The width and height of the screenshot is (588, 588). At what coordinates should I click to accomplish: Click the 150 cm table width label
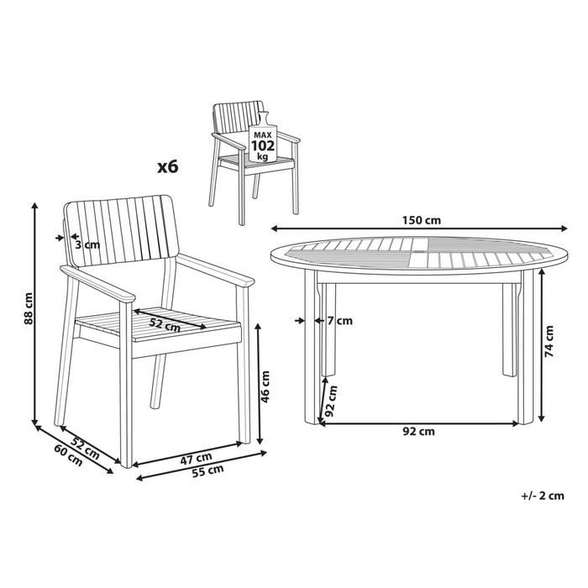(422, 220)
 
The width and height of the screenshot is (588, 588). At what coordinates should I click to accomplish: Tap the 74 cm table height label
(549, 341)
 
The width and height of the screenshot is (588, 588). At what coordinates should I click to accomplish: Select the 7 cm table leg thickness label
(339, 321)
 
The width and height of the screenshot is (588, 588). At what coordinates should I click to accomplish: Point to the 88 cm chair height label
(28, 308)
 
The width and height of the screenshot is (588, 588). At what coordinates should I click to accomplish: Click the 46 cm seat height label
(265, 386)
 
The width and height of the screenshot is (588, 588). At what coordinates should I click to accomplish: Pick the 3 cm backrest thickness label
(87, 245)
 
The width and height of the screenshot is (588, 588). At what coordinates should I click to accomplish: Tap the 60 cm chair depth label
(68, 455)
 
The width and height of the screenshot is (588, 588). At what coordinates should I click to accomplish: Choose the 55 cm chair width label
(207, 470)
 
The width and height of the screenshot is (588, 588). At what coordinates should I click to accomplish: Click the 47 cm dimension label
(196, 459)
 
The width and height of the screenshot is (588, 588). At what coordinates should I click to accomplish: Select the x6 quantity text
(168, 167)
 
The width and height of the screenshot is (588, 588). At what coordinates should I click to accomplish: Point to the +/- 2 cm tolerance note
(543, 496)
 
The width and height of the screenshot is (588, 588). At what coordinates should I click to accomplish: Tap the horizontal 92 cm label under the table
(418, 432)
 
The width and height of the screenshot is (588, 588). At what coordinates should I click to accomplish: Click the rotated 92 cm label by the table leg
(331, 401)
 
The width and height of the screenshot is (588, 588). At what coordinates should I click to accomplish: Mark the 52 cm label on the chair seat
(165, 324)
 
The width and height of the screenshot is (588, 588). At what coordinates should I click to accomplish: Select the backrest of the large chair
(120, 231)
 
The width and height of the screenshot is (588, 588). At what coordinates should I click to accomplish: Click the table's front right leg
(525, 347)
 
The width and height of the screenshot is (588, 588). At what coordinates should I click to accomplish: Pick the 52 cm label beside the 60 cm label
(85, 449)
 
